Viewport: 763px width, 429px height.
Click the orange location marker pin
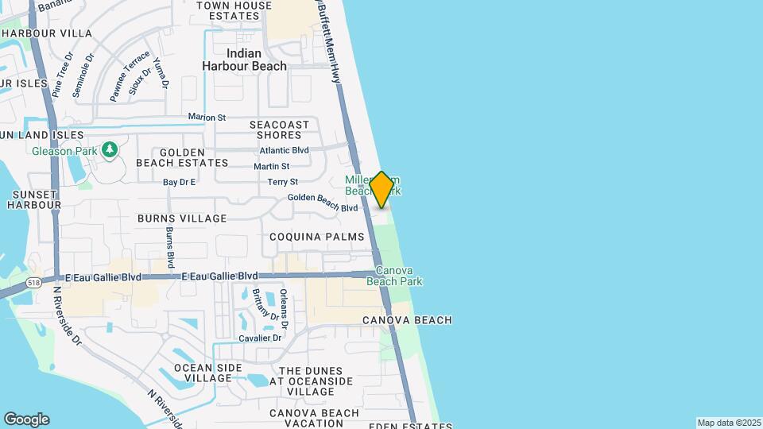381,190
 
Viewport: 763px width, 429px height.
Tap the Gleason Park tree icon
110,149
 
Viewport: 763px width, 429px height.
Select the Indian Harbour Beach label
244,60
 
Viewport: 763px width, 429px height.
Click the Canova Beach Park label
394,276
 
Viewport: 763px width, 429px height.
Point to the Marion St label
207,118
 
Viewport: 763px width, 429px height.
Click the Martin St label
272,167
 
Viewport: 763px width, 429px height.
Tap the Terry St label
282,183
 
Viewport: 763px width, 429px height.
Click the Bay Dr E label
179,183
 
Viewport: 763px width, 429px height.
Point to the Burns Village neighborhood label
182,218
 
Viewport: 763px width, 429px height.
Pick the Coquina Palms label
316,237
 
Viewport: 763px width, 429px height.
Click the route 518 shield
33,282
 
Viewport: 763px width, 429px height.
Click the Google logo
26,419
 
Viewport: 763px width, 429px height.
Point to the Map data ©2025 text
728,423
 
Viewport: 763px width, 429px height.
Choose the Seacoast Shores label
279,129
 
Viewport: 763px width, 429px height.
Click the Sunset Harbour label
34,199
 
